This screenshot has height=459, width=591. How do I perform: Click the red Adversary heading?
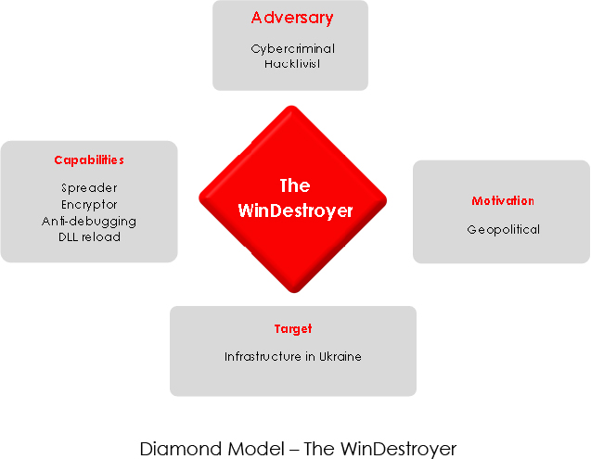[x=291, y=19]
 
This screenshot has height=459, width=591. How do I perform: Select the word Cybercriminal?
[x=292, y=48]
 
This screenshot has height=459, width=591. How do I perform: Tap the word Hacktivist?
[x=292, y=64]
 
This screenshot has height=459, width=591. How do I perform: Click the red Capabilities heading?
[x=89, y=160]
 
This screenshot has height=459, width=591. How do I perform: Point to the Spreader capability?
[x=89, y=188]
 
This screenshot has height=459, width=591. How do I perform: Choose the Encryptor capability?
[x=89, y=204]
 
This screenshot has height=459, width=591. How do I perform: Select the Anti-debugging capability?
[x=89, y=221]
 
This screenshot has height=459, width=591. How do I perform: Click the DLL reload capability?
[x=89, y=236]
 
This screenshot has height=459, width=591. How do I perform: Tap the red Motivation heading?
[x=503, y=201]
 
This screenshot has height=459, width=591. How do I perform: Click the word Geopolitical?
[x=503, y=229]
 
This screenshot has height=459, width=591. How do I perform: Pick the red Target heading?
[x=293, y=329]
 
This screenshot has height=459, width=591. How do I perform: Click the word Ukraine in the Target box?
[x=340, y=356]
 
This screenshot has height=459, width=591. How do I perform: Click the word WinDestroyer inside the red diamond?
[x=295, y=210]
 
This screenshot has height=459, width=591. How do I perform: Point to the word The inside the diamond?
[x=294, y=185]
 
